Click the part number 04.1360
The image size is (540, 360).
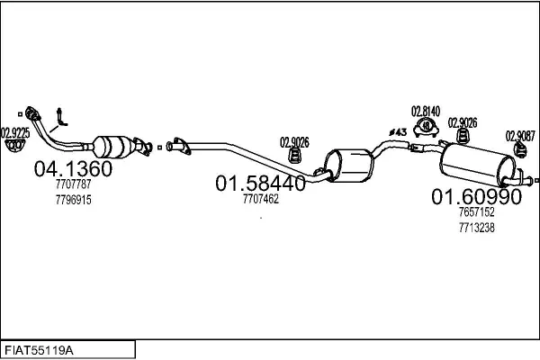point(73,169)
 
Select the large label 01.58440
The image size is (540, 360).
point(260,183)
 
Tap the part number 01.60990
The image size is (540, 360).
point(477,197)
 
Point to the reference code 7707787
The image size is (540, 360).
point(74,184)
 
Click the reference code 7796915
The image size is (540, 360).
point(74,200)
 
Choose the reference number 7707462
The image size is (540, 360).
point(261,199)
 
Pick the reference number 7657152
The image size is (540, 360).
point(477,211)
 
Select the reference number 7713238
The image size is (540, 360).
point(477,228)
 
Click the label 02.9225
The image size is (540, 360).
point(15,133)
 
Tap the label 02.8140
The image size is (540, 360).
point(426,112)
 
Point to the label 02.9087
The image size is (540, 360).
point(520,136)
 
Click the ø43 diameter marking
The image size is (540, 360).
point(398,132)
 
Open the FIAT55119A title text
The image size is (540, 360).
point(39,351)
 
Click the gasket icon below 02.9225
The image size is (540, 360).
point(14,146)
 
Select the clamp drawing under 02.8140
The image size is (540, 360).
point(426,127)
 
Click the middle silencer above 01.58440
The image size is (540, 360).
point(348,166)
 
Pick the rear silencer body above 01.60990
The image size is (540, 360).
point(477,165)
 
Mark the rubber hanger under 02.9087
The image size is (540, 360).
point(520,150)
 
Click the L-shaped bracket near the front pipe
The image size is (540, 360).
point(61,117)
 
